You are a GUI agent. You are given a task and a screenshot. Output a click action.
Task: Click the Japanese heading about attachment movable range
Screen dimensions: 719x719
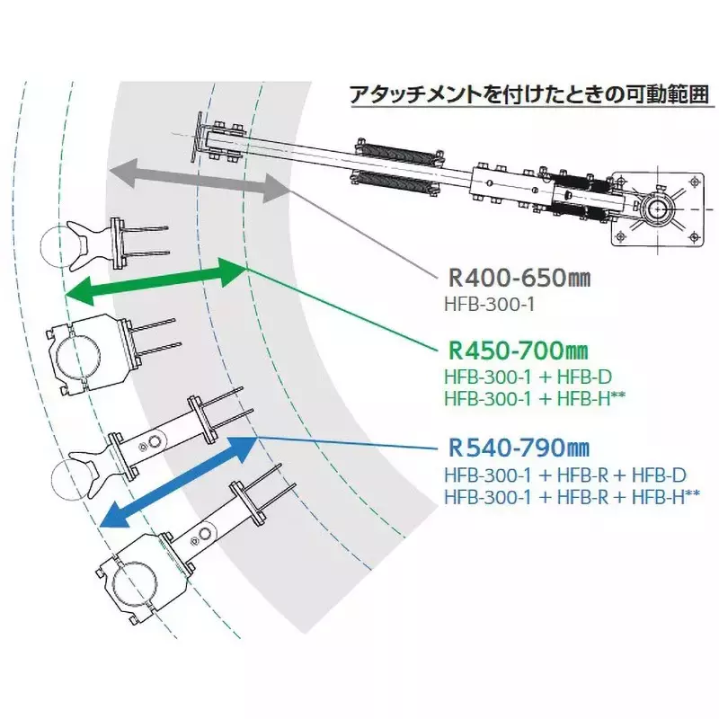[x=529, y=94]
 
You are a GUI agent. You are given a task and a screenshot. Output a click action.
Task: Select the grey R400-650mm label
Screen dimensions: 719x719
[x=519, y=278]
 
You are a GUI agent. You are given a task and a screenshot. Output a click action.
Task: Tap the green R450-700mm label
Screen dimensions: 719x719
[x=518, y=351]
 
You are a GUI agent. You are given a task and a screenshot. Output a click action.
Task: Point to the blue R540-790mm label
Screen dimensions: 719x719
[x=519, y=448]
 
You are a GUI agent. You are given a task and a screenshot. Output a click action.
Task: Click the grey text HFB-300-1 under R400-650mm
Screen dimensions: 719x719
[x=489, y=304]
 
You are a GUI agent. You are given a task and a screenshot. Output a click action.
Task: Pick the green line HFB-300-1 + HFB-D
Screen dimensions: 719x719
[x=528, y=377]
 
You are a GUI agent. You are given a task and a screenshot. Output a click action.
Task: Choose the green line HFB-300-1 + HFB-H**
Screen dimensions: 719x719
[x=535, y=398]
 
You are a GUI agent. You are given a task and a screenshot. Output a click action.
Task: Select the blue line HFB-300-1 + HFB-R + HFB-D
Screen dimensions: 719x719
[x=565, y=475]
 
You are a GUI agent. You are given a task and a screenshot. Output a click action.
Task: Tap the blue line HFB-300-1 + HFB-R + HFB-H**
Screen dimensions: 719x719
[x=572, y=497]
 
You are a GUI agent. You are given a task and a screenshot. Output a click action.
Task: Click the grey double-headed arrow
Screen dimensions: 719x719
[x=200, y=180]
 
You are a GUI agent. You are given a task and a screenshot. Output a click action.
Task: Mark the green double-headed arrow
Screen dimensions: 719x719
[x=155, y=281]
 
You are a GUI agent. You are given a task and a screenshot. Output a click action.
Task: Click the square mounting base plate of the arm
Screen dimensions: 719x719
[x=658, y=209]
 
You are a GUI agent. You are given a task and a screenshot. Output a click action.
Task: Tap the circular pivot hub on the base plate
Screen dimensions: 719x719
[x=658, y=209]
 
